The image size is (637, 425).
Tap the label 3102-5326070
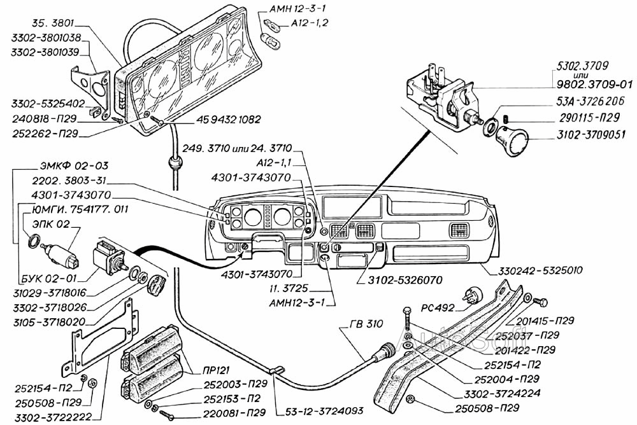click(x=401, y=279)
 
